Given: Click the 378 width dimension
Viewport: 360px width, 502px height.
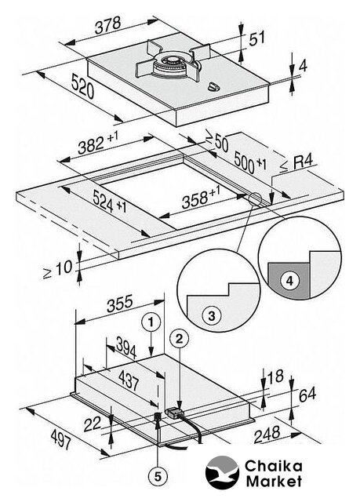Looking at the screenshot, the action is (108, 24).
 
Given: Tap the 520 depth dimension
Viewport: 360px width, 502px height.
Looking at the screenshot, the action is (82, 85).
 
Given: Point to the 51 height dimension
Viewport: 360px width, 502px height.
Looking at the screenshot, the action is (257, 38).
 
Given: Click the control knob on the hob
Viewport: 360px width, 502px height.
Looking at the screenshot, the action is (213, 86).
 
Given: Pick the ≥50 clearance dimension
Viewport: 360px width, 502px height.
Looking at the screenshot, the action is (216, 142).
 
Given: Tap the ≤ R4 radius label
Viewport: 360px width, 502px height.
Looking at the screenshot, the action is (296, 164).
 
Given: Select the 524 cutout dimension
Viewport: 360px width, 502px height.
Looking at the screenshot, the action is (110, 202).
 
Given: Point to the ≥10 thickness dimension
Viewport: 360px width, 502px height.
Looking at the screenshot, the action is (58, 268).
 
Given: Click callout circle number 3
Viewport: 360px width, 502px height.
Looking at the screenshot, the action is (212, 316).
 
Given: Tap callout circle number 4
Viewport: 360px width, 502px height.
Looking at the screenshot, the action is (289, 281).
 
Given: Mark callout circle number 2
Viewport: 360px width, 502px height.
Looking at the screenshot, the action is (179, 339).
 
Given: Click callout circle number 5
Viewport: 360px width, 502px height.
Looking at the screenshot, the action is (158, 478).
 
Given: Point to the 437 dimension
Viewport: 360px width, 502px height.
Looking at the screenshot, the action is (129, 380).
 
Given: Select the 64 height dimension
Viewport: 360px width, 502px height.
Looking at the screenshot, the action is (307, 395).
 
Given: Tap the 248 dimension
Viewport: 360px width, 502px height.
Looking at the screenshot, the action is (267, 435).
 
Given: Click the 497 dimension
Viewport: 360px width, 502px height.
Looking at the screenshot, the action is (61, 438).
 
